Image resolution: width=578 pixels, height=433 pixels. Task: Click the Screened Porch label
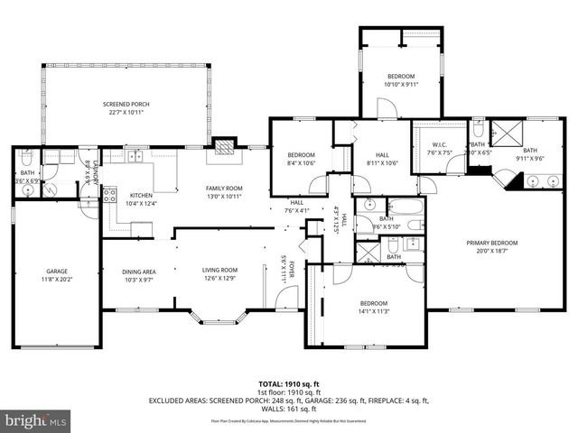pos(126,105)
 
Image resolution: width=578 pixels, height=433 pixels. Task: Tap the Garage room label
pos(57,270)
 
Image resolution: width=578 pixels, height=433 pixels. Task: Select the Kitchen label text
pos(141,195)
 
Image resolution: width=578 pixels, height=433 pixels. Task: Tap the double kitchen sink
pos(136,157)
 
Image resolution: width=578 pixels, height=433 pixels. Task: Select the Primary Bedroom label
pos(491,243)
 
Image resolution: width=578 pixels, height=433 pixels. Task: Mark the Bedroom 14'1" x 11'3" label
pos(373,303)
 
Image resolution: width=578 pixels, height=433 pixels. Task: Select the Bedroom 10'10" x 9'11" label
pos(401,76)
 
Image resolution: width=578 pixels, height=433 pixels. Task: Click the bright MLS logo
pos(36,420)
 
